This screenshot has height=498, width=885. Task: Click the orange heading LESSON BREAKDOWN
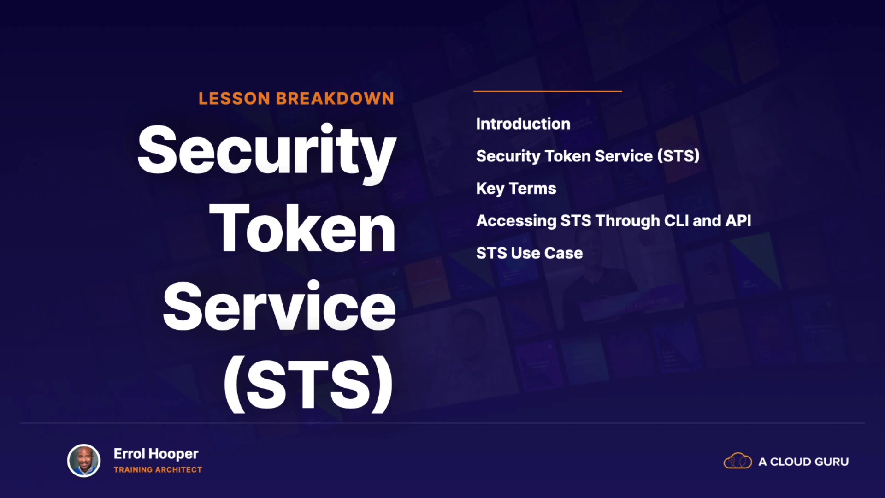[296, 98]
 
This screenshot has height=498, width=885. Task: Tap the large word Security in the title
[267, 152]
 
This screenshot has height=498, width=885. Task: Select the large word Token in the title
[302, 228]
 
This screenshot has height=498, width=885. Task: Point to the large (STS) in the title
[308, 384]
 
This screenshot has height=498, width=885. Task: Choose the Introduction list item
[523, 124]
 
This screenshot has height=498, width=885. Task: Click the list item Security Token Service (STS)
[588, 156]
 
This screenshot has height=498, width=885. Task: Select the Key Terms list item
[516, 189]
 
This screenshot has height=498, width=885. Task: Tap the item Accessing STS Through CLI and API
[614, 221]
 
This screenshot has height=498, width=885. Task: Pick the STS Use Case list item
[529, 253]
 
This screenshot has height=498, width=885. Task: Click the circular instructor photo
[84, 461]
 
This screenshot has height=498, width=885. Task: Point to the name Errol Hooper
[156, 454]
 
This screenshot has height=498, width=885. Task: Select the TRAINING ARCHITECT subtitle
[158, 470]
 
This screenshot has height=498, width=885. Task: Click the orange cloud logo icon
[737, 461]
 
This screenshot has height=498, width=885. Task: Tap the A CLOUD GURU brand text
[803, 462]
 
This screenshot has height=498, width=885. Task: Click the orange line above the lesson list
[548, 91]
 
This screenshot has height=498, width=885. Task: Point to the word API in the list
[738, 220]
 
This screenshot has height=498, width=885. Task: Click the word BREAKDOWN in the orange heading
[335, 98]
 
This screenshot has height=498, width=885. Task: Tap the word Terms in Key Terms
[532, 188]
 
